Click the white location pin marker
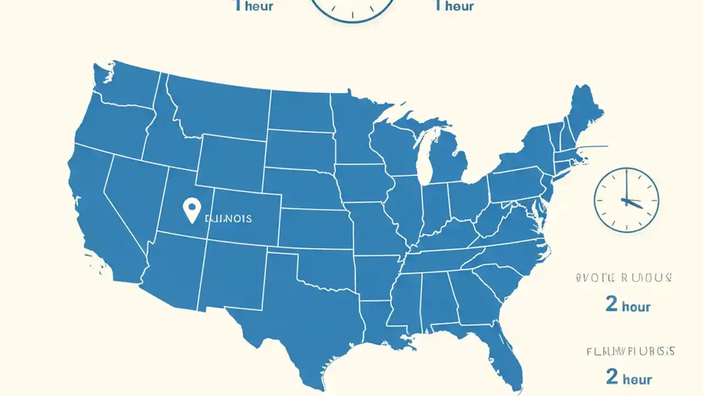tap(191, 210)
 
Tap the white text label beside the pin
tap(228, 218)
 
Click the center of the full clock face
tap(627, 200)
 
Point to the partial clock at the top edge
tap(353, 9)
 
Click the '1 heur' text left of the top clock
tap(253, 5)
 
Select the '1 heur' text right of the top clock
tap(454, 5)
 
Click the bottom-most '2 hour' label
tap(629, 378)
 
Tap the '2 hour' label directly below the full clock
tap(628, 305)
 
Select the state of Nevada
tap(135, 193)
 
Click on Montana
tap(220, 107)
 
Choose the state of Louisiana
tap(379, 324)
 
